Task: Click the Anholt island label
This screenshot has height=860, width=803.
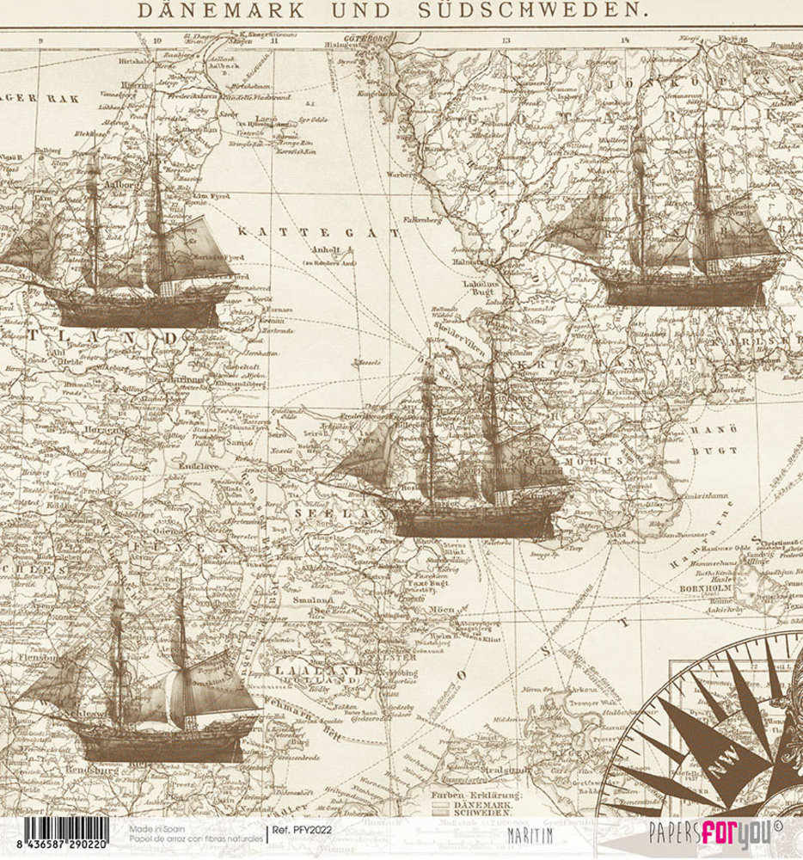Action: click(x=318, y=251)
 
